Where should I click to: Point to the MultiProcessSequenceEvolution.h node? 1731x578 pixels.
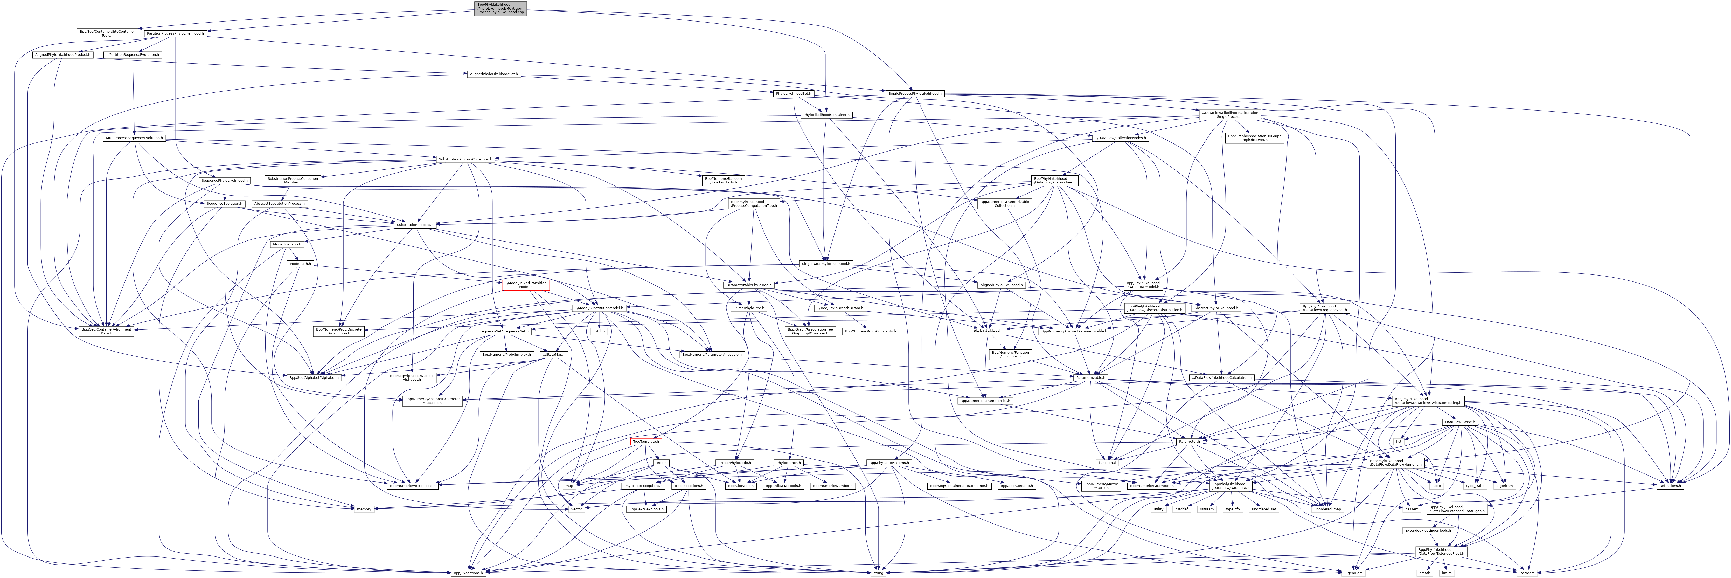[134, 138]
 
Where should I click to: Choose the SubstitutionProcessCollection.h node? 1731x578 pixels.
[465, 159]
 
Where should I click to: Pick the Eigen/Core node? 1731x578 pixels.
[1353, 573]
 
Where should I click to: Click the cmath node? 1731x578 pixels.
[1424, 573]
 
